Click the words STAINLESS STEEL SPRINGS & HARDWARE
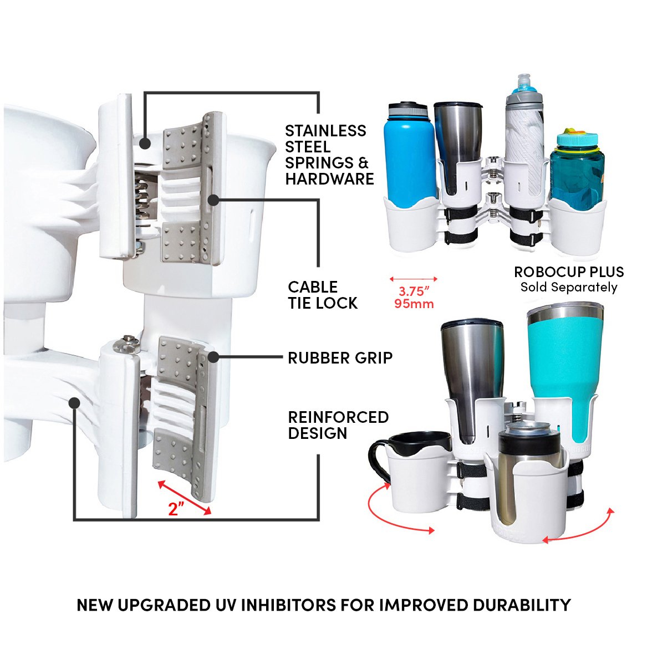329,155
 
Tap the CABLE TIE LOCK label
323,295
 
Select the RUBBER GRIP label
340,358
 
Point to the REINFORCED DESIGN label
338,424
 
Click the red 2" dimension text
176,509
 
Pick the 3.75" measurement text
414,291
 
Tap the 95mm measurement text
414,304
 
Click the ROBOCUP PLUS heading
569,272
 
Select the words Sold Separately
569,287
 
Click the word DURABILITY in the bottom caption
522,605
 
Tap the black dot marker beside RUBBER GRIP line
213,357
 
